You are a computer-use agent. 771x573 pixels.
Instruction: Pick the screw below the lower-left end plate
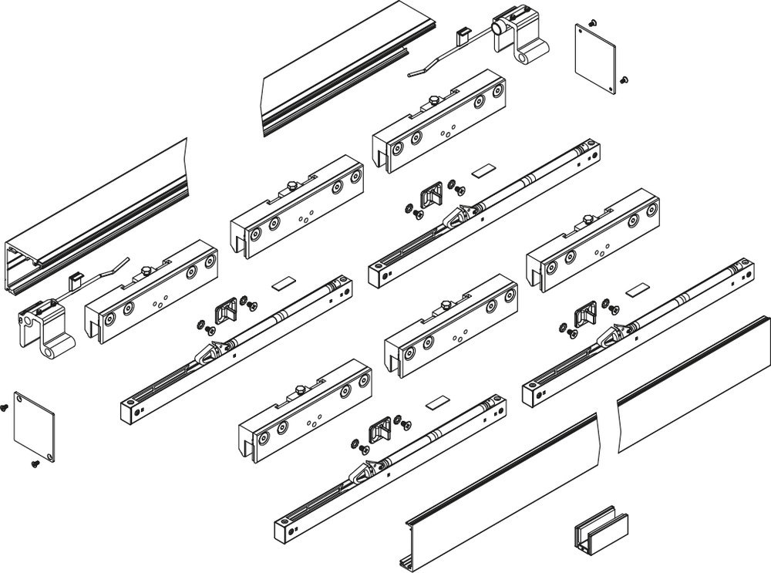pos(34,463)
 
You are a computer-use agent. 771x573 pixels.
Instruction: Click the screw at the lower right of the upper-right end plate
pos(624,78)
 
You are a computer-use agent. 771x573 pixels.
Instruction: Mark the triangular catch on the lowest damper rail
pos(362,472)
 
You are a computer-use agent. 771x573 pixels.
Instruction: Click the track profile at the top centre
pos(347,66)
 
